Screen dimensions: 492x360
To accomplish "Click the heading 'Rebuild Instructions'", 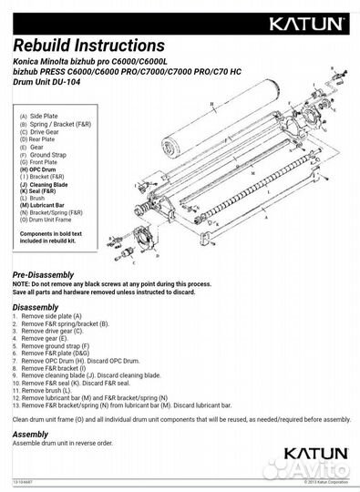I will [88, 45].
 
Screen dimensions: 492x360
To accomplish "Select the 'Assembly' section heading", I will [30, 435].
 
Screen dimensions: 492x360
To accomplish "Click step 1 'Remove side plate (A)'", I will [64, 316].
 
